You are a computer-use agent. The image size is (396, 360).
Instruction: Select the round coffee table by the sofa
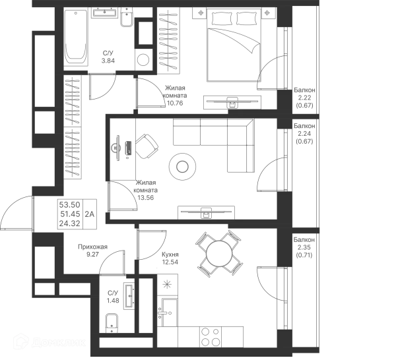click(x=182, y=167)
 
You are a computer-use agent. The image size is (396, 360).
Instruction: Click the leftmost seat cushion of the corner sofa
click(x=181, y=135)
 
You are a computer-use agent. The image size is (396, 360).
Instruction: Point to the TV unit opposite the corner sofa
click(x=206, y=211)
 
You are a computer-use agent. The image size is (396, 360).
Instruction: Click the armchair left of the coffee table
click(x=134, y=147)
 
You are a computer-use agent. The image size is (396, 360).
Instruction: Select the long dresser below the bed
click(x=228, y=102)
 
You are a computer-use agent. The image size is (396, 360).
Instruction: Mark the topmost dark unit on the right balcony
click(x=304, y=98)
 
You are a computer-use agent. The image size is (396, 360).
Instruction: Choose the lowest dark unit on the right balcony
click(x=304, y=247)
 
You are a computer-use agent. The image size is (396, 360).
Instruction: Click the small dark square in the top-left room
click(x=108, y=54)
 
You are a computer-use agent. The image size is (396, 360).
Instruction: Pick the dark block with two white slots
click(x=76, y=212)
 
